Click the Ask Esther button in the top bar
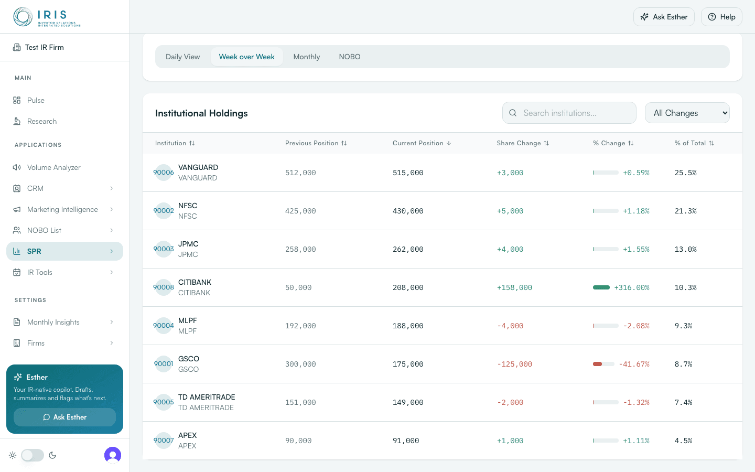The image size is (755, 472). [664, 17]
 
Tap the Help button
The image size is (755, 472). [721, 17]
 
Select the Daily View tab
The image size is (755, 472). [182, 57]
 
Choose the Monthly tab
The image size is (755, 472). [306, 57]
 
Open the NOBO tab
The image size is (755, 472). [350, 57]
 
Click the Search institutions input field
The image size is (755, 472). [569, 113]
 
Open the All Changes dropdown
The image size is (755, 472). [687, 113]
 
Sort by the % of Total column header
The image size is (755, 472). [694, 143]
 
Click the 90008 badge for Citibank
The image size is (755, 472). [164, 287]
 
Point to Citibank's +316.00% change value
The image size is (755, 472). [632, 287]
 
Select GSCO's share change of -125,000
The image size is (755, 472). [514, 364]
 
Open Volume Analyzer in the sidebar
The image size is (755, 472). [53, 167]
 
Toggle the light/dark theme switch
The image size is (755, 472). [33, 455]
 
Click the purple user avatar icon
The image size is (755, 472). [113, 455]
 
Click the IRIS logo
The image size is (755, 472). [47, 17]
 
